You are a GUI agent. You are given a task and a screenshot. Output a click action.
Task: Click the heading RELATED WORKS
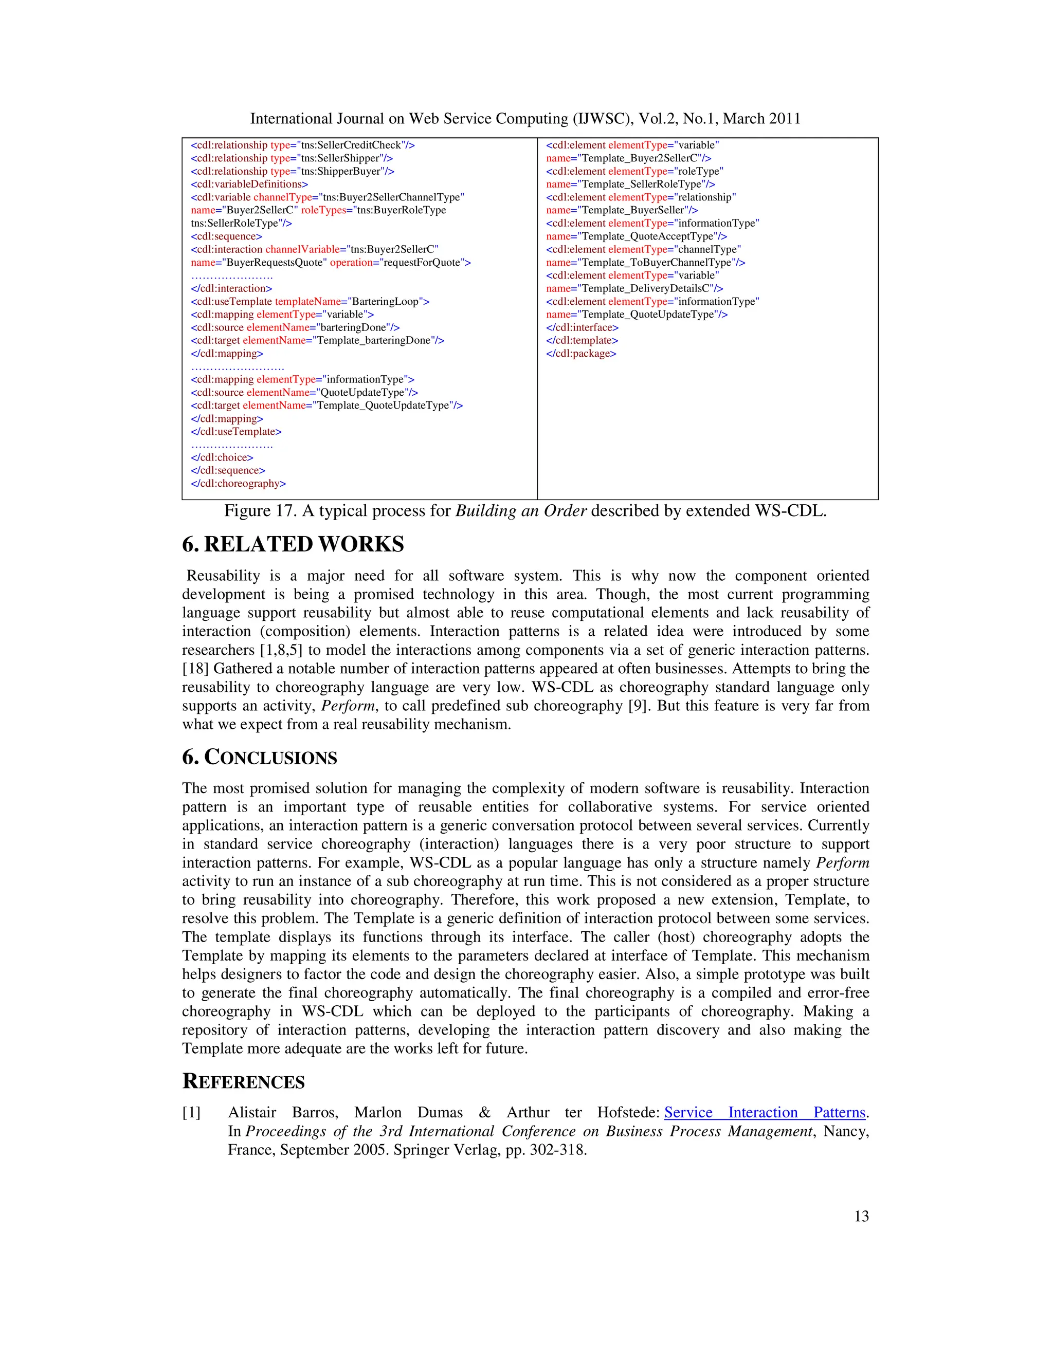[x=304, y=544]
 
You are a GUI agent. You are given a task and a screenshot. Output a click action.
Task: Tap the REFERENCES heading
[x=243, y=1082]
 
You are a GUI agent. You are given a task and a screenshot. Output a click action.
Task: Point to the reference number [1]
[x=191, y=1113]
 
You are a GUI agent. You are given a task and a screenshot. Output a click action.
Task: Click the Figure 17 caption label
[x=261, y=511]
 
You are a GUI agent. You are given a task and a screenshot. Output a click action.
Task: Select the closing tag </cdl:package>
[x=581, y=354]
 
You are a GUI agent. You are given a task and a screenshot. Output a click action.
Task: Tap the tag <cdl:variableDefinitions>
[x=249, y=184]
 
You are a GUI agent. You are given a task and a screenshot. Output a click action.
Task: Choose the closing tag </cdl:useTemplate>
[x=236, y=432]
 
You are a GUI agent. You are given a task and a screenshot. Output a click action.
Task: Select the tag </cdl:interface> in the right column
[x=582, y=328]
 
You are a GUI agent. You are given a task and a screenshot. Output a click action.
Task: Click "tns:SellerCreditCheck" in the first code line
[x=351, y=145]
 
